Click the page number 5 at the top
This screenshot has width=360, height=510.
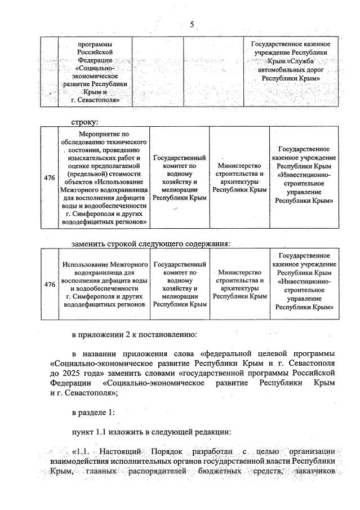[x=192, y=24]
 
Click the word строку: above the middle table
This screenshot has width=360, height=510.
[x=85, y=121]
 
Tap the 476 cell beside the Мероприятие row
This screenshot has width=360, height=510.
[x=50, y=178]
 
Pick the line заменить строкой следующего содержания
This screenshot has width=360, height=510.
[x=152, y=243]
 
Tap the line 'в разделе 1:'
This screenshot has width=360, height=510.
[x=93, y=413]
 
